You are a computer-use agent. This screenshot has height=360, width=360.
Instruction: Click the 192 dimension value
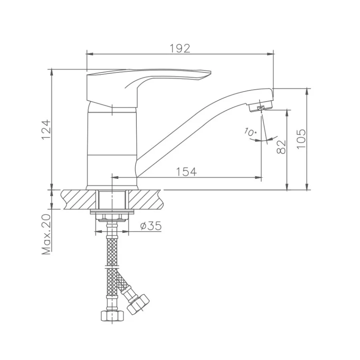180,48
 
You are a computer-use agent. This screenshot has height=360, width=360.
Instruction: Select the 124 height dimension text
46,129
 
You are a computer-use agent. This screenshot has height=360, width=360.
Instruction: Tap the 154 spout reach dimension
186,172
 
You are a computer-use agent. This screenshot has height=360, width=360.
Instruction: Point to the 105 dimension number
301,139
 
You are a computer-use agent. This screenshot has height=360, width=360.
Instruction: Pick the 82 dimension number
281,147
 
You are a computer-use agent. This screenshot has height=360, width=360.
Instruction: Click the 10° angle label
250,132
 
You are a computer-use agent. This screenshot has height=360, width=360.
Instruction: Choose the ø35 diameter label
151,226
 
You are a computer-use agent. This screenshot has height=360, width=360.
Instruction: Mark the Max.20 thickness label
46,234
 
